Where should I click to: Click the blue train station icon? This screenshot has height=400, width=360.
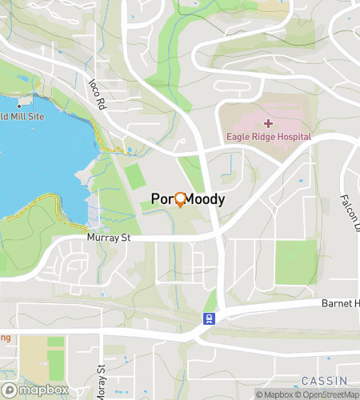[209, 318]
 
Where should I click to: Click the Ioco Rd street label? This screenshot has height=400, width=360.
[97, 92]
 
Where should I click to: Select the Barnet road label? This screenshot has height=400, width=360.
[340, 303]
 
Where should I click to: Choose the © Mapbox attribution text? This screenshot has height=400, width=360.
[274, 394]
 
